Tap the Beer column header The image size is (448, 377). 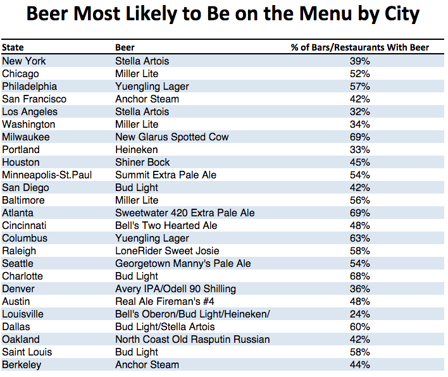click(x=125, y=47)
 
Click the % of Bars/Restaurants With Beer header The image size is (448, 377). click(x=359, y=47)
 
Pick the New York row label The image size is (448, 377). click(x=24, y=61)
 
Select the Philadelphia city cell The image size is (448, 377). click(x=29, y=86)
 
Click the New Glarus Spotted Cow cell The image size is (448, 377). click(x=171, y=137)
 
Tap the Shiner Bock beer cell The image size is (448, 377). click(x=143, y=162)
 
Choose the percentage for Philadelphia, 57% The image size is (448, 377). click(x=359, y=86)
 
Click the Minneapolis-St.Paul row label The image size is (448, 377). click(x=47, y=175)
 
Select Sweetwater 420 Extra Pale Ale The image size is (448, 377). click(x=185, y=213)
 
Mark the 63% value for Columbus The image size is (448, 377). click(x=359, y=238)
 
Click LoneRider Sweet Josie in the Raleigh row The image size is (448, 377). click(x=167, y=250)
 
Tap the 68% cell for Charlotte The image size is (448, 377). click(x=359, y=276)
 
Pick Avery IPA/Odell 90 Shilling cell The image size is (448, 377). click(x=175, y=288)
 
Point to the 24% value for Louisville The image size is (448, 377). click(x=359, y=314)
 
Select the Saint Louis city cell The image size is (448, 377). click(x=27, y=352)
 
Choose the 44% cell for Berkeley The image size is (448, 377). click(x=359, y=364)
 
